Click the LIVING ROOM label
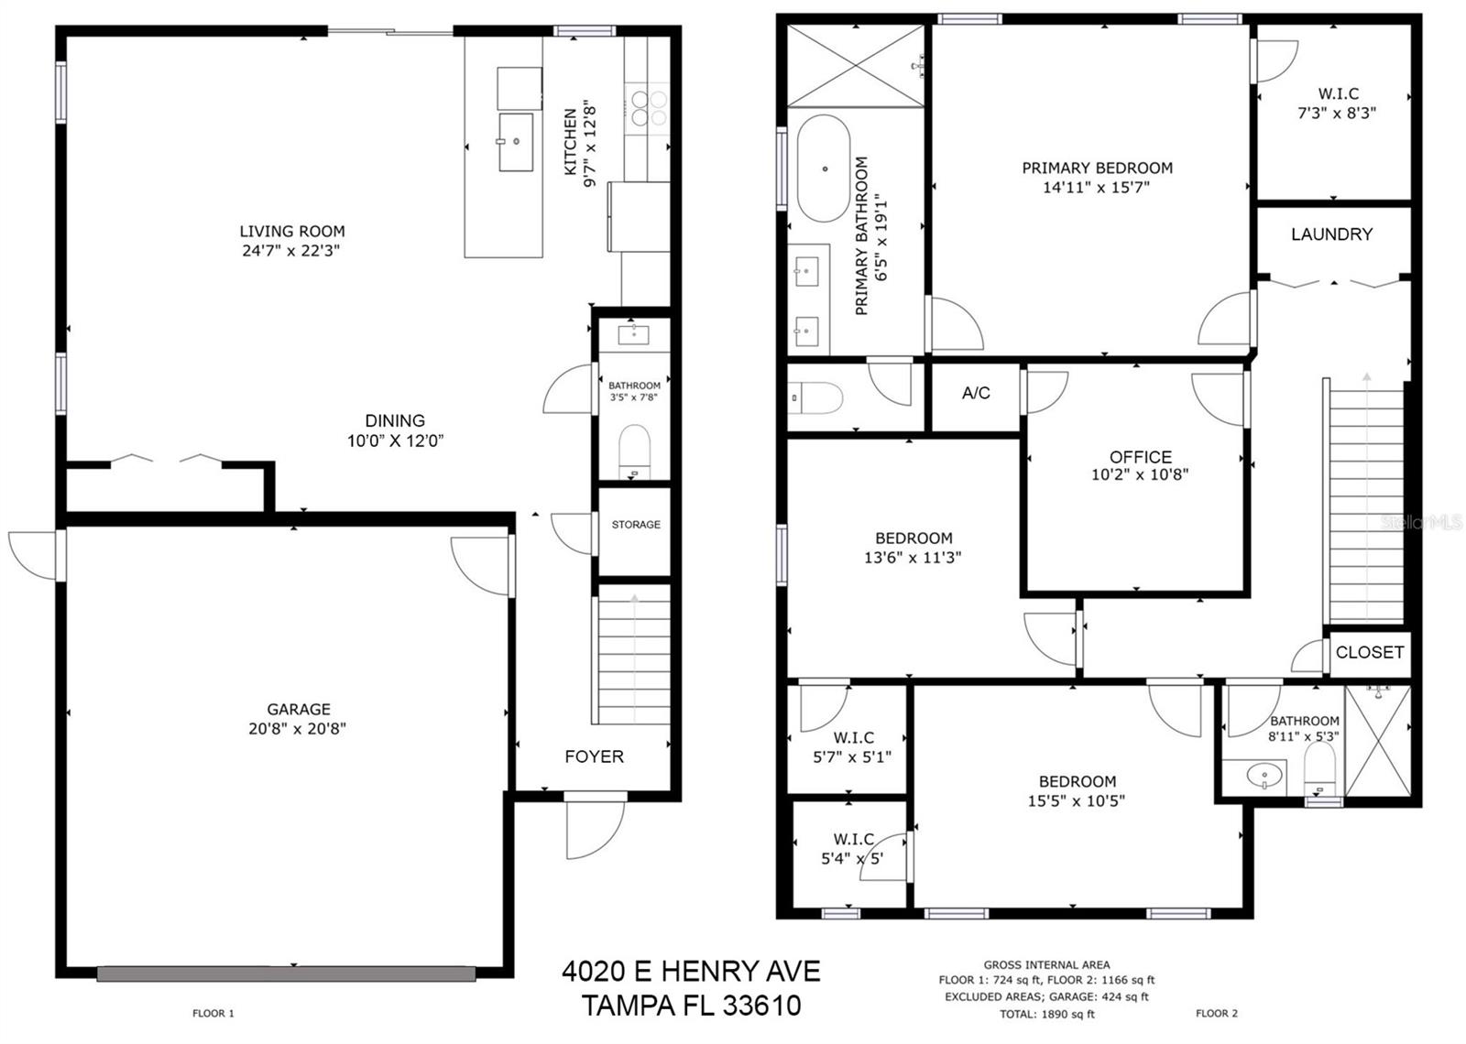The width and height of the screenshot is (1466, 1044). pyautogui.click(x=291, y=232)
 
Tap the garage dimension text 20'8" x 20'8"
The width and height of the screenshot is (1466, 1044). pyautogui.click(x=298, y=729)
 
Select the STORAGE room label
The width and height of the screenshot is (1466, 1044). pyautogui.click(x=636, y=525)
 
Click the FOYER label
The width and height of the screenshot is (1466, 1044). pyautogui.click(x=594, y=756)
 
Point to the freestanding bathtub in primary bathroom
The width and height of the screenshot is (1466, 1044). pyautogui.click(x=823, y=169)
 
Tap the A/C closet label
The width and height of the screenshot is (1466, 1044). pyautogui.click(x=976, y=393)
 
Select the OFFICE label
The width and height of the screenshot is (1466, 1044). pyautogui.click(x=1140, y=456)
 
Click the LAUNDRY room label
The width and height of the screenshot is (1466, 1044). pyautogui.click(x=1331, y=234)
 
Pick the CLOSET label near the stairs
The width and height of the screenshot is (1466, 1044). pyautogui.click(x=1369, y=652)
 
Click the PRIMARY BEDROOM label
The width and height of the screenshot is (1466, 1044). pyautogui.click(x=1097, y=169)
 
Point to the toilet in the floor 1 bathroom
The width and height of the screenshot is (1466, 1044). pyautogui.click(x=634, y=449)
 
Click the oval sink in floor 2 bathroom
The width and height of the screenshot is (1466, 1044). pyautogui.click(x=1265, y=777)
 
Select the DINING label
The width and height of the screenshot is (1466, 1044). pyautogui.click(x=395, y=420)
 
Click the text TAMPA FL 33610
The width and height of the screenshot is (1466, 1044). pyautogui.click(x=691, y=1006)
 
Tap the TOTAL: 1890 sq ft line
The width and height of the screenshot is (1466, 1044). pyautogui.click(x=1046, y=1014)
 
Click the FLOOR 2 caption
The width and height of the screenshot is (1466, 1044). pyautogui.click(x=1216, y=1013)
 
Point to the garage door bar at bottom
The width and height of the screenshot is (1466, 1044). pyautogui.click(x=286, y=974)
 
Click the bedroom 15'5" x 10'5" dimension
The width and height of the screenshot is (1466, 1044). pyautogui.click(x=1076, y=801)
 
